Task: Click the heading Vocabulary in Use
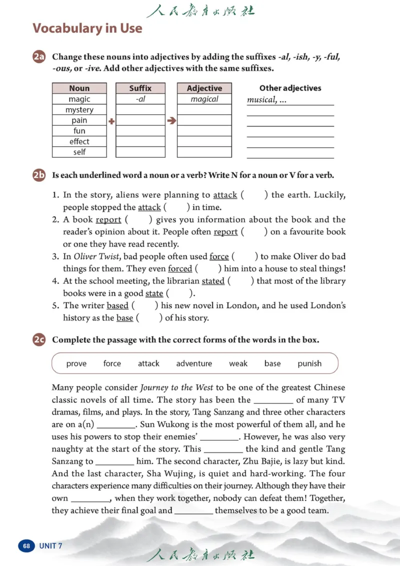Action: pyautogui.click(x=87, y=28)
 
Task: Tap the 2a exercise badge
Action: pyautogui.click(x=39, y=57)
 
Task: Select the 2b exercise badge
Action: pyautogui.click(x=39, y=175)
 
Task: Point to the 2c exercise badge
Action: pyautogui.click(x=39, y=340)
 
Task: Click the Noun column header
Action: pyautogui.click(x=79, y=88)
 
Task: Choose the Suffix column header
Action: pyautogui.click(x=140, y=88)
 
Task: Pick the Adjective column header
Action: pyautogui.click(x=204, y=88)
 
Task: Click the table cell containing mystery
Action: pyautogui.click(x=79, y=110)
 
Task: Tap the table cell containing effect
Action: pyautogui.click(x=79, y=141)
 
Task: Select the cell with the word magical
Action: pyautogui.click(x=204, y=99)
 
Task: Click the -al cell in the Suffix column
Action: pyautogui.click(x=140, y=99)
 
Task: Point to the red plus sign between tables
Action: pyautogui.click(x=111, y=121)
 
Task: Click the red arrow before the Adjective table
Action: pyautogui.click(x=171, y=121)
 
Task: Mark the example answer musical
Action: pyautogui.click(x=261, y=100)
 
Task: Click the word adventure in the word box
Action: pyautogui.click(x=194, y=364)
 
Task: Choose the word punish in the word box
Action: pyautogui.click(x=309, y=364)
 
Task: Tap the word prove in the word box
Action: pyautogui.click(x=76, y=364)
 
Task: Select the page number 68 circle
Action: pyautogui.click(x=26, y=545)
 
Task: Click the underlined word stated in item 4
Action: pyautogui.click(x=213, y=281)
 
